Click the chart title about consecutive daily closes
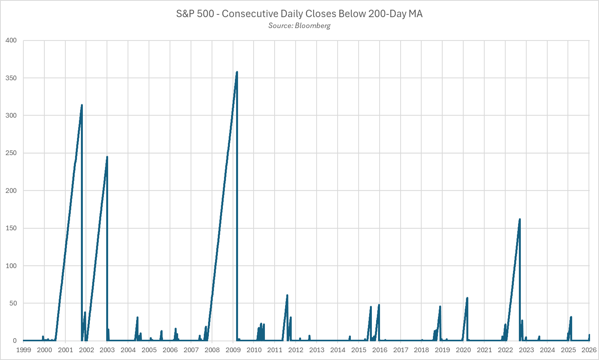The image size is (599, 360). pos(299,14)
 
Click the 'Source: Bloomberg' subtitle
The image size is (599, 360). pos(299,26)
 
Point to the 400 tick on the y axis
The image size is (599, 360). pos(11,40)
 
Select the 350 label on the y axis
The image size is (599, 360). pos(11,78)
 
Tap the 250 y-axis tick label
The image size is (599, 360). pos(11,153)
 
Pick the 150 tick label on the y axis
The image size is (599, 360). pos(11,228)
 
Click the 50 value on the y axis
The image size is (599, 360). pos(13,303)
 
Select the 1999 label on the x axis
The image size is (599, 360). pos(23,350)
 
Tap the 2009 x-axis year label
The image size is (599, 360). pos(233,350)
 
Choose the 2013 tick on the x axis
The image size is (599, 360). pos(317,350)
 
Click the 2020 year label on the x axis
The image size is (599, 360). pos(463,350)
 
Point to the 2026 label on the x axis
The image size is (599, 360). pos(589,350)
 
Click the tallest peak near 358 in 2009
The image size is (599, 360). pos(237,72)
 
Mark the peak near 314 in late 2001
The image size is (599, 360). pos(82,105)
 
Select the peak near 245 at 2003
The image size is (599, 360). pos(107,157)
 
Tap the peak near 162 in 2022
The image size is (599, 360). pos(520,219)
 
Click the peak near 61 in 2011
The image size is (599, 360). pos(287,295)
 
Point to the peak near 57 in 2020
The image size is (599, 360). pos(467,298)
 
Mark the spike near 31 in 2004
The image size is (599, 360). pos(137,317)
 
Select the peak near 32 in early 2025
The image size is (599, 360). pos(571,317)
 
